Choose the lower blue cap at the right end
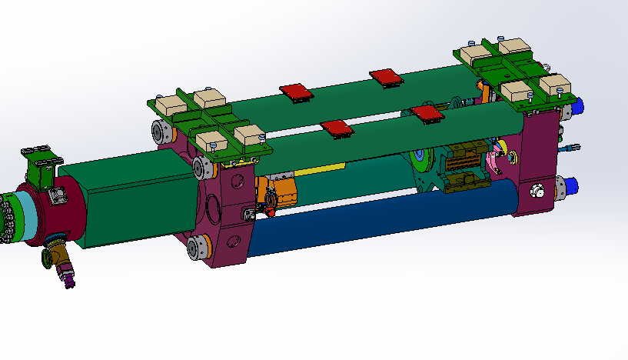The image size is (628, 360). pyautogui.click(x=573, y=186)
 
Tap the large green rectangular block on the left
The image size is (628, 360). pyautogui.click(x=131, y=200)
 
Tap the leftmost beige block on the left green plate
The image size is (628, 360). pyautogui.click(x=168, y=105)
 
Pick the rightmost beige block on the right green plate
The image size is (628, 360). pyautogui.click(x=553, y=84)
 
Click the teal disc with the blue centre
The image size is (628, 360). pyautogui.click(x=421, y=162)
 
